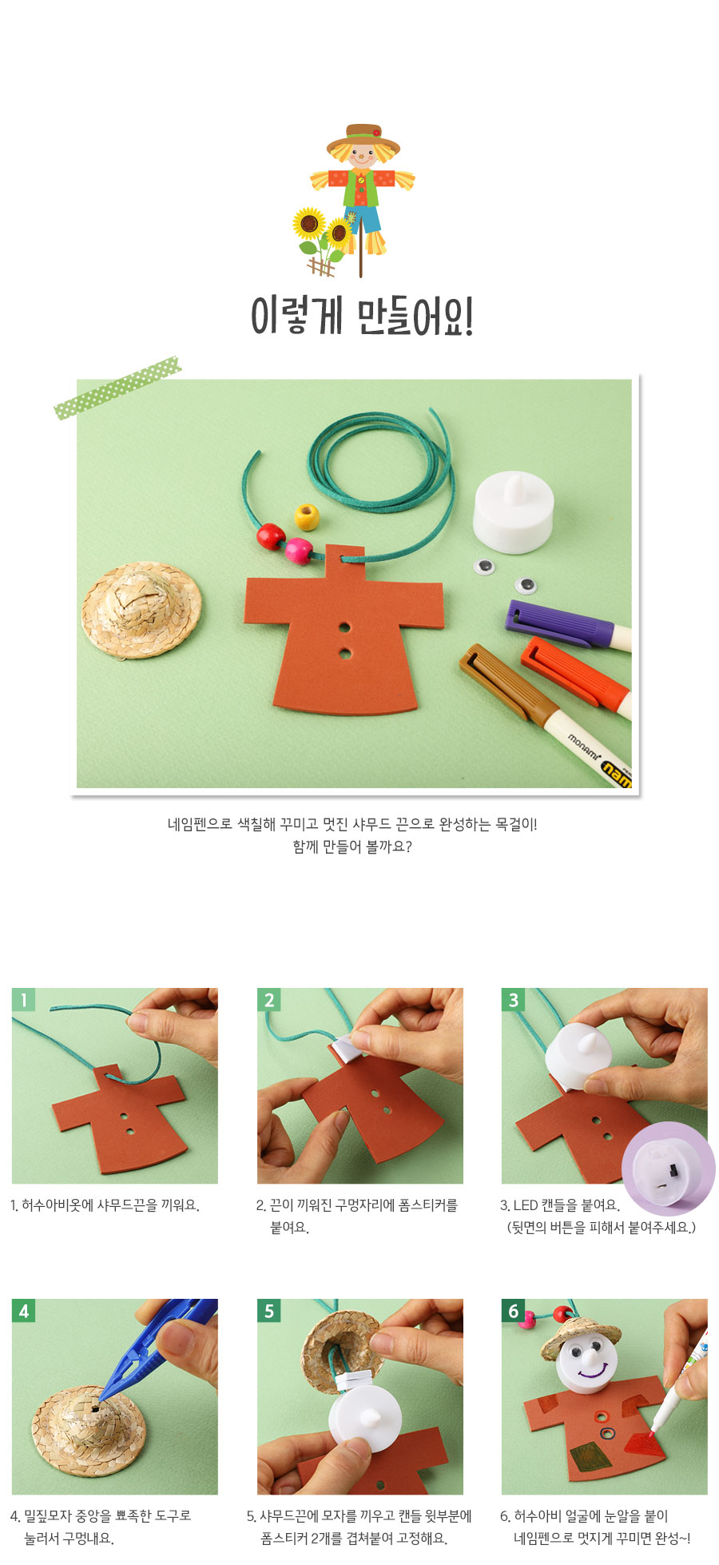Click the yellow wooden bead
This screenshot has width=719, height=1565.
(307, 516)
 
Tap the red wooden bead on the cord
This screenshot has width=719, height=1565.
(271, 536)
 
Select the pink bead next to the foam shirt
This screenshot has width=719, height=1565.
(299, 551)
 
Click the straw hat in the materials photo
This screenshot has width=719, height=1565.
(141, 609)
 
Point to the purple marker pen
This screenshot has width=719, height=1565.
(568, 625)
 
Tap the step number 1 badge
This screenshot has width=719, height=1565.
(23, 999)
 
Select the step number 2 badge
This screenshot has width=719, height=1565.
(268, 999)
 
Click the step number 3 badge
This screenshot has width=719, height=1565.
(513, 999)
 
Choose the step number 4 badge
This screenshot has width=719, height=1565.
(23, 1310)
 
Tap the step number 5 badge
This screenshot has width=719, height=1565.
(268, 1310)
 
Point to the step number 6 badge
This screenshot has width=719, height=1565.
(513, 1310)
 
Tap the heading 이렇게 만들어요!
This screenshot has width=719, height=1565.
(362, 316)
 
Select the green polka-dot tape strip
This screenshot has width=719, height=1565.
(117, 387)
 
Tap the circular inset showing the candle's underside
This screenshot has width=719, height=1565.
(669, 1169)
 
